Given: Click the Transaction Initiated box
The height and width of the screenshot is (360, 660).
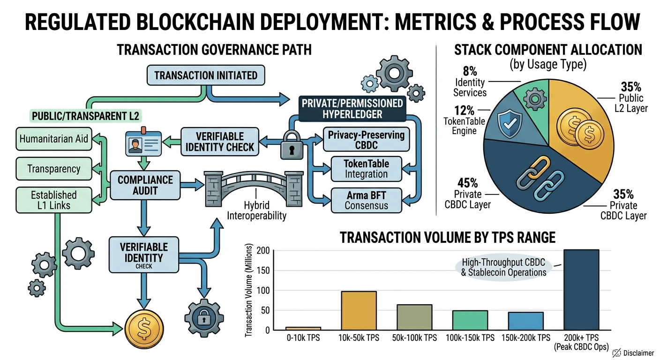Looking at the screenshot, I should click(206, 75).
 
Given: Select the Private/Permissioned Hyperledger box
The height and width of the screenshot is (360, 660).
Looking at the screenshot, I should click(352, 108).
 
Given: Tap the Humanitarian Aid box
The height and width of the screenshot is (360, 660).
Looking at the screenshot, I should click(53, 139).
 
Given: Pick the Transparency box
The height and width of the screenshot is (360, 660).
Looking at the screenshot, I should click(53, 169).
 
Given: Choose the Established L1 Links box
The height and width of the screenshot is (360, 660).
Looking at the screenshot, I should click(53, 200).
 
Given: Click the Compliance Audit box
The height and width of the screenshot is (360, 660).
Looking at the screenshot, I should click(139, 185).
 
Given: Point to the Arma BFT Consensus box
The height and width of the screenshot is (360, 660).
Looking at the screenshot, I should click(366, 200).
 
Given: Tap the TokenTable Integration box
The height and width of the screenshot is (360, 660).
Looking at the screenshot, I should click(366, 169).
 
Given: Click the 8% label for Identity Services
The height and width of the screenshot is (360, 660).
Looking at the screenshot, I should click(470, 71).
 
